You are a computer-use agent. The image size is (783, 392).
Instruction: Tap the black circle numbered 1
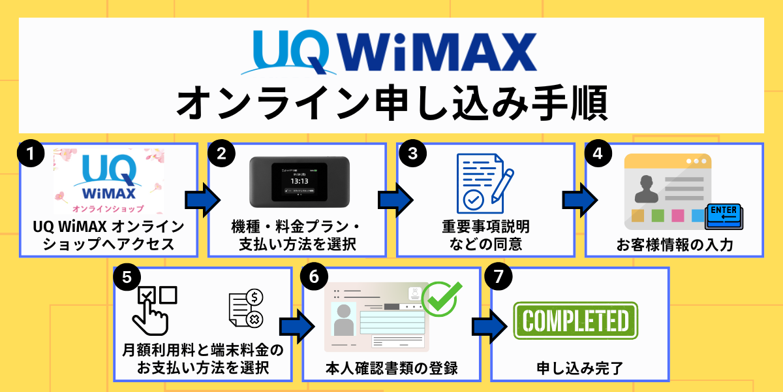click(31, 154)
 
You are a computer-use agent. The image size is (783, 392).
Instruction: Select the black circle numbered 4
click(596, 154)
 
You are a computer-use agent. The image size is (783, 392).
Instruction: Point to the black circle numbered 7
click(499, 277)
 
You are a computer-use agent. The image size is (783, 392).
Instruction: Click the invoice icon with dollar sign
click(246, 310)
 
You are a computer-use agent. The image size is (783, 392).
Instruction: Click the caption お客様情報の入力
click(674, 246)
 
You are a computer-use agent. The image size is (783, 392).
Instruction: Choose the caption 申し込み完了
click(579, 368)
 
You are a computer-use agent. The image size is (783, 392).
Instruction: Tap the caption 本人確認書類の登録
click(391, 368)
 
